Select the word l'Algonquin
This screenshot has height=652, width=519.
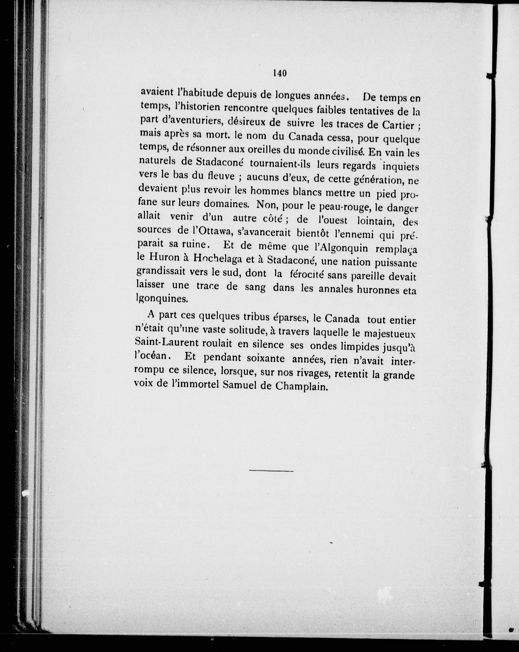[339, 248]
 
